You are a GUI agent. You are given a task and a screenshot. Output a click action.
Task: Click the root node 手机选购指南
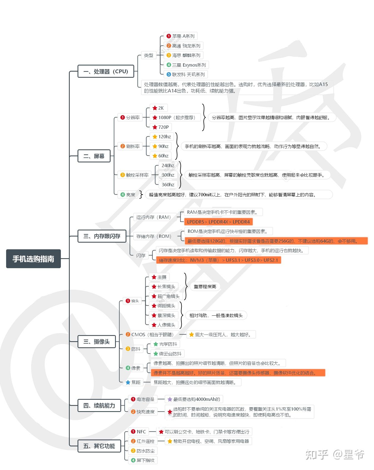point(33,259)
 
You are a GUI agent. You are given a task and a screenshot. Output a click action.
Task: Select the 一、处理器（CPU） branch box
point(106,71)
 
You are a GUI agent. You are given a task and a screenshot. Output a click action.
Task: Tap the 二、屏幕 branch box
point(94,156)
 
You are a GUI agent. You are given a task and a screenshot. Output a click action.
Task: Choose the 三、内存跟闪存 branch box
point(102,236)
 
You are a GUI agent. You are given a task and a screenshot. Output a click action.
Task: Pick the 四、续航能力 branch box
point(99,406)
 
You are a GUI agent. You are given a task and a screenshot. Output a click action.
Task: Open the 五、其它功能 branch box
point(99,446)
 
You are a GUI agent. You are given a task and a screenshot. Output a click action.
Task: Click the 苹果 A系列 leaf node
point(180,36)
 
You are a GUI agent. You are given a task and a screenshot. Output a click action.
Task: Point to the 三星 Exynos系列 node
point(186,65)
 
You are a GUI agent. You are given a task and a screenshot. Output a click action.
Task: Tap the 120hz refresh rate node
point(162,137)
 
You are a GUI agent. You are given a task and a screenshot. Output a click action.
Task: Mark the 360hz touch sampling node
point(168,185)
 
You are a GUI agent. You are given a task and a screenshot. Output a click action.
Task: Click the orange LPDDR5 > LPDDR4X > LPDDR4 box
point(218,222)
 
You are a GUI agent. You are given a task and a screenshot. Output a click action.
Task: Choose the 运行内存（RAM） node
point(154,217)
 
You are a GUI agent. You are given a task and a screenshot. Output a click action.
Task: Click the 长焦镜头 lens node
point(163,286)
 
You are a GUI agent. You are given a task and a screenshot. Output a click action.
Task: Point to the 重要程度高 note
point(205,286)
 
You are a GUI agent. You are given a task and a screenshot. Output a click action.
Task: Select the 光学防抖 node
point(165,344)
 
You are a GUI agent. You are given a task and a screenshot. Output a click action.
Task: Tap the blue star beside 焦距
point(128,382)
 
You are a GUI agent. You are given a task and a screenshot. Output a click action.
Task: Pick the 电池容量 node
point(143,399)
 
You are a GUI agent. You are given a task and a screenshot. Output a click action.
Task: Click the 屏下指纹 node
point(143,460)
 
